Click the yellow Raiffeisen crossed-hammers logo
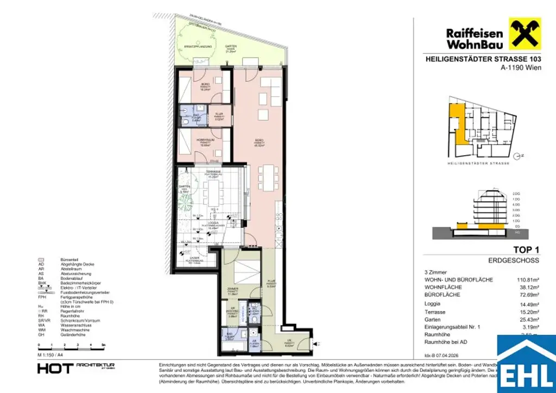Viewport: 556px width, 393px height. (x=525, y=34)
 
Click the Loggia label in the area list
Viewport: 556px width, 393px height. (x=433, y=304)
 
